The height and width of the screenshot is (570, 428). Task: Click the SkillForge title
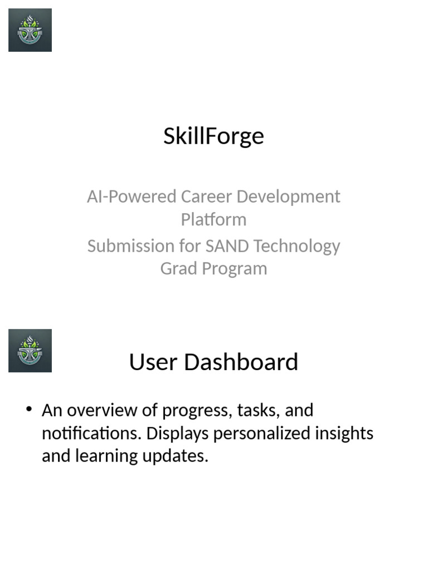213,136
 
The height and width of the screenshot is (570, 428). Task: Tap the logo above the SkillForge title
30,30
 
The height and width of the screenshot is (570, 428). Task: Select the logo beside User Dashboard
30,351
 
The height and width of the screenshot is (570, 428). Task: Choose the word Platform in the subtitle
213,219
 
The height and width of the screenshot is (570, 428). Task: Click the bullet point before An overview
29,410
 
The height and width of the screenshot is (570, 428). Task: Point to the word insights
346,433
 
